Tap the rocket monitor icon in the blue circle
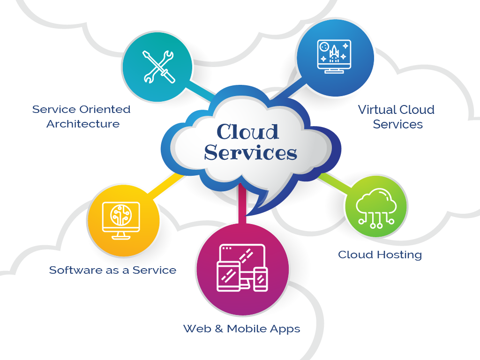[334, 55]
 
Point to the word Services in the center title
[251, 153]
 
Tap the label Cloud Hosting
[380, 255]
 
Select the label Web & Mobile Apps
[241, 329]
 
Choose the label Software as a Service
[112, 270]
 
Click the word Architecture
[83, 124]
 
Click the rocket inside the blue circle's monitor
[334, 54]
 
